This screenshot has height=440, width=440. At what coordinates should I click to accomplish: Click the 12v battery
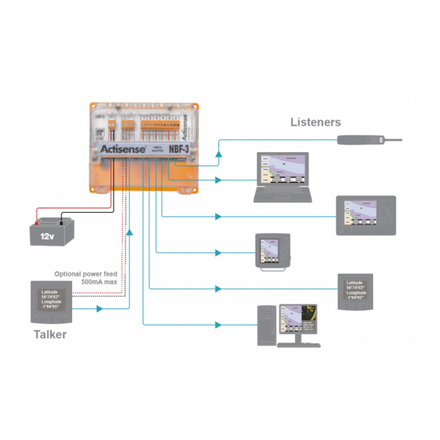pos(50,232)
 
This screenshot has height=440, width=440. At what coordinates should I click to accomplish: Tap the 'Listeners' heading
pos(315,122)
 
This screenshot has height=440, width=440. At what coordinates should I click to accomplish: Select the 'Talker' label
pos(50,335)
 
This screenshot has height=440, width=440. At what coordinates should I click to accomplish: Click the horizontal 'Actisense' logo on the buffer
pos(118,148)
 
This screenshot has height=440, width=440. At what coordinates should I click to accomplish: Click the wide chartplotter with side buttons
pos(366,215)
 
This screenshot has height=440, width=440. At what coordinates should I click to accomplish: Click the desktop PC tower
pos(268,326)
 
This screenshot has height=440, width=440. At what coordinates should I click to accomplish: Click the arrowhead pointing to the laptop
pos(218,180)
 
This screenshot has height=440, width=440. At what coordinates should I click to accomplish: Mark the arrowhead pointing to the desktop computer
pos(218,325)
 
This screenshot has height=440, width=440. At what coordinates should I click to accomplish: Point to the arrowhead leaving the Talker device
pos(100,309)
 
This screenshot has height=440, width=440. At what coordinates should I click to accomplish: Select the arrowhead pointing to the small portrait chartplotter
pos(218,252)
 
